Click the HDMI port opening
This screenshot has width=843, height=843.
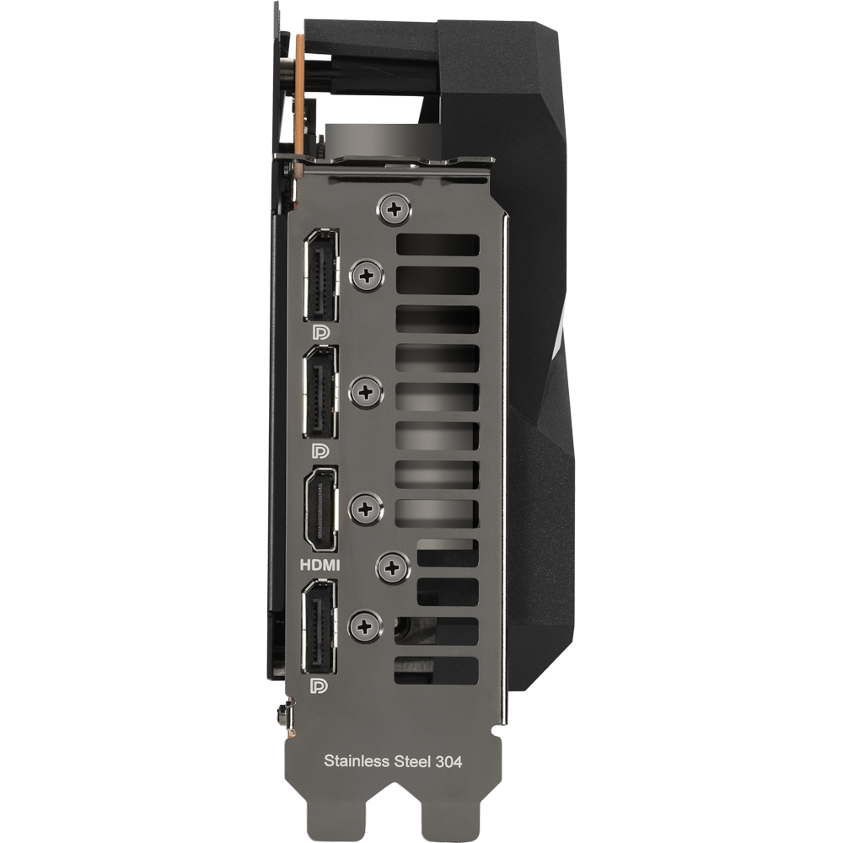click(x=321, y=509)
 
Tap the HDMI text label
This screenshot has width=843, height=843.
click(x=319, y=565)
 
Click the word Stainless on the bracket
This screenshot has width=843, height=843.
click(x=357, y=760)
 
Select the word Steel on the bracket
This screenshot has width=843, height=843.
click(x=412, y=761)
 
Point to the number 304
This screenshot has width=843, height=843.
click(x=448, y=761)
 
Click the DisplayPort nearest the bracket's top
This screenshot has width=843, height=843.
click(x=321, y=276)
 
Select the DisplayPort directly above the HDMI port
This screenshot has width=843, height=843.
click(x=321, y=392)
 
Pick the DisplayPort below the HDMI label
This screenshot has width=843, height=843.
click(x=319, y=627)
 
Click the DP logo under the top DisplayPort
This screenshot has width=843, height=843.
click(x=321, y=333)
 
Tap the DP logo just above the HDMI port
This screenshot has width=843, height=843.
click(x=320, y=450)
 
